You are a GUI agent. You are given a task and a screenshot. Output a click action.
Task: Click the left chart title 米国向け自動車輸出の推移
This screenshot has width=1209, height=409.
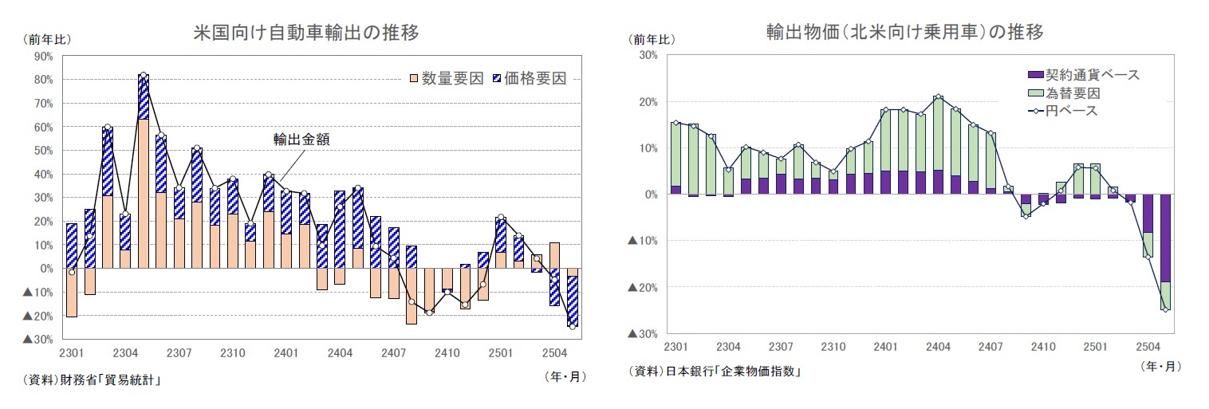pyautogui.click(x=306, y=33)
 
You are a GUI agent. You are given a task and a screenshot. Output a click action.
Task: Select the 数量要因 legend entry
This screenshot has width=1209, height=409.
pyautogui.click(x=446, y=78)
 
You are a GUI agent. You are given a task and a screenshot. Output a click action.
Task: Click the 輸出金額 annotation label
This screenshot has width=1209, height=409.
pyautogui.click(x=301, y=139)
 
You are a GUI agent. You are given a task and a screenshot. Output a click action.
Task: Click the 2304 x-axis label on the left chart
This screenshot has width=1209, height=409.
pyautogui.click(x=126, y=352)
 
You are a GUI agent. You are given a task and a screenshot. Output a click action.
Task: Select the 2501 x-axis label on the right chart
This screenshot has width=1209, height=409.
pyautogui.click(x=1094, y=346)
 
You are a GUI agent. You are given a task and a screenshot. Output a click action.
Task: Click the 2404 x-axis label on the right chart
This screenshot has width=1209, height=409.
pyautogui.click(x=937, y=346)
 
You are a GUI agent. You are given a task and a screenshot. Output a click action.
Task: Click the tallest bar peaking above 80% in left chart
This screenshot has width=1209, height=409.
pyautogui.click(x=144, y=171)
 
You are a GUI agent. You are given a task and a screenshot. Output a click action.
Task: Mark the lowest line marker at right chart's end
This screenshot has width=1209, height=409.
pyautogui.click(x=1165, y=309)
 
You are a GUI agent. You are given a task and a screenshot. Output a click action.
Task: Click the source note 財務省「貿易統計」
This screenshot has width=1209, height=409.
pyautogui.click(x=93, y=380)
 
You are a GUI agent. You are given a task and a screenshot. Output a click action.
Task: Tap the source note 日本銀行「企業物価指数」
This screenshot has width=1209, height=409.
pyautogui.click(x=715, y=372)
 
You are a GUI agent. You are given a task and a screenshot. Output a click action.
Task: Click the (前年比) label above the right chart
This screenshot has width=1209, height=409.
pyautogui.click(x=652, y=39)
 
